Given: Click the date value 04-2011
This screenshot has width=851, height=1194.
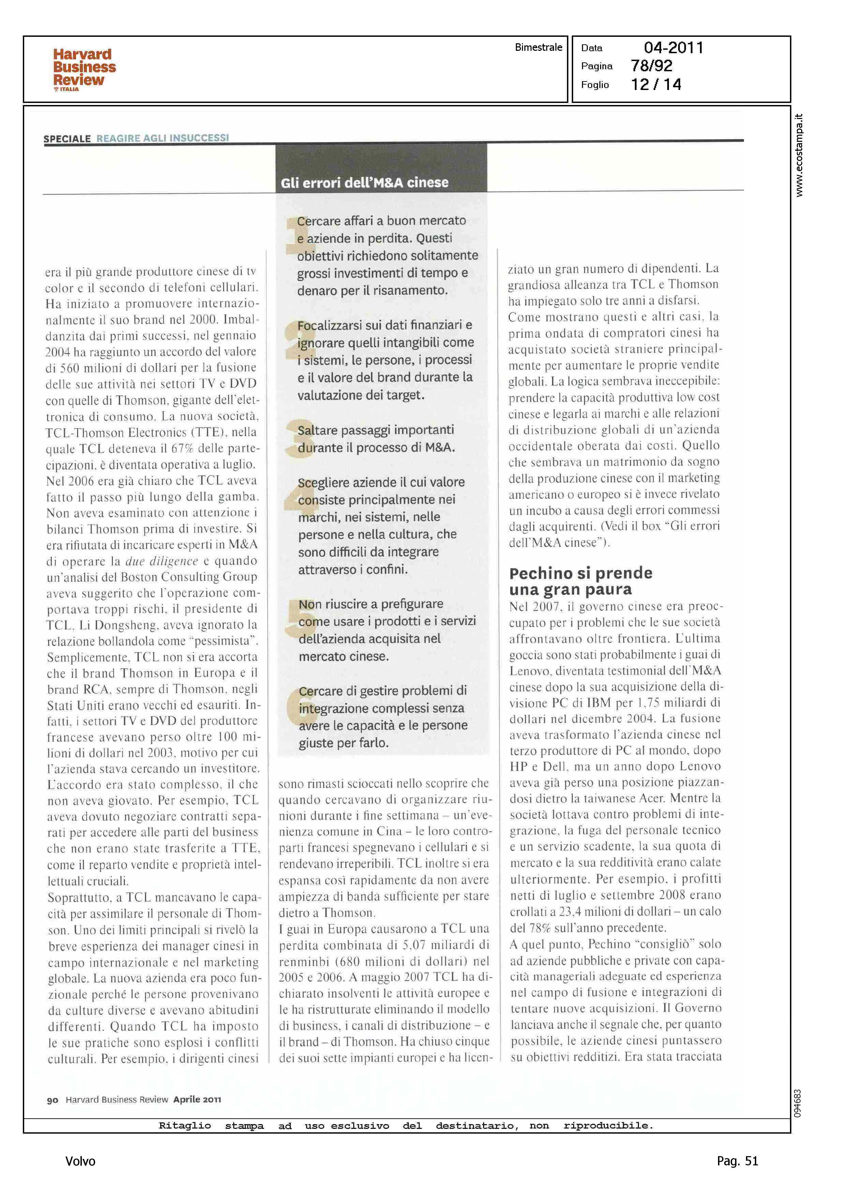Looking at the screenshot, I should pos(673,48).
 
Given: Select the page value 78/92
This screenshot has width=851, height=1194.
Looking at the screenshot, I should pos(651,66).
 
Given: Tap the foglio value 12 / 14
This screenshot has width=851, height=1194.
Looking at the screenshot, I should pos(656,85).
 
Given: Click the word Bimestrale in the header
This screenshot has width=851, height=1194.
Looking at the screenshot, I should pos(538,47).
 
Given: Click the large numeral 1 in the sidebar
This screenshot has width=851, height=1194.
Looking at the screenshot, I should pos(292,236).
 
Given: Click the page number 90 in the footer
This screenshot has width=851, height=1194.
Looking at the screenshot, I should pos(53,1100).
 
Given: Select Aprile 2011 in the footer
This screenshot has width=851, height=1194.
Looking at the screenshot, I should pos(197,1100).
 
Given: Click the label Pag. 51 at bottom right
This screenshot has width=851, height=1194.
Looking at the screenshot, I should pos(737,1161).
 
